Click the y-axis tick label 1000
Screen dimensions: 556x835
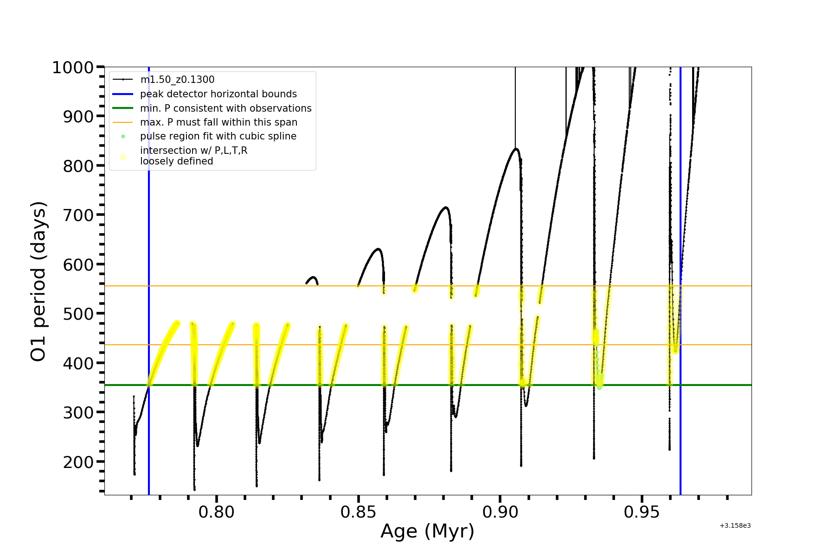[73, 68]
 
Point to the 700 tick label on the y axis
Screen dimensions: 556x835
[78, 215]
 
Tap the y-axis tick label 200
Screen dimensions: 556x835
[78, 462]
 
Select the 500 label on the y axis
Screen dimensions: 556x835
[78, 314]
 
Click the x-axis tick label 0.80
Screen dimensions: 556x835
[216, 512]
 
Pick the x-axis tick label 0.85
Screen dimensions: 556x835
[358, 512]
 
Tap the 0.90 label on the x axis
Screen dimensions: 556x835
[500, 512]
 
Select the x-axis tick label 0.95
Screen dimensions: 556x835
[642, 512]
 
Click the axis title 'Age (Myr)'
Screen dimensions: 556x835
[427, 531]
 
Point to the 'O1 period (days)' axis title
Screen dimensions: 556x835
[38, 281]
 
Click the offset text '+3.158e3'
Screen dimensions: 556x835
[735, 526]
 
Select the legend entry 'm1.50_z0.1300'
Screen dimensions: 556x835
[177, 80]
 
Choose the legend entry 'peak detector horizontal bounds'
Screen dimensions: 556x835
[218, 94]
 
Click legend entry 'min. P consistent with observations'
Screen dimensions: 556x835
[225, 108]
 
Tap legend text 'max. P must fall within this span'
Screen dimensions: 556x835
[218, 122]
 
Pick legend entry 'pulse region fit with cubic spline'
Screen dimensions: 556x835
[218, 136]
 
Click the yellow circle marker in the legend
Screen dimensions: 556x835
[123, 157]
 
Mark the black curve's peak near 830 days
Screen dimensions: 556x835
[515, 149]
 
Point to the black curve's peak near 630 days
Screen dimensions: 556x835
[379, 249]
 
